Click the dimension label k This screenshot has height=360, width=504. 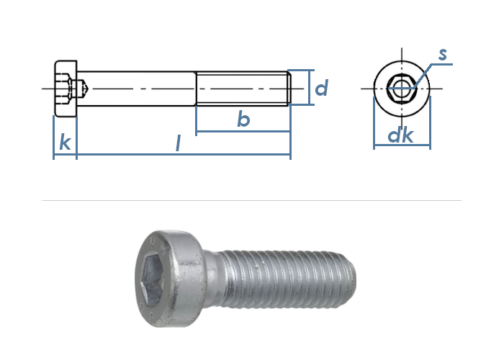click(65, 143)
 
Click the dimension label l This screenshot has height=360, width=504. click(178, 143)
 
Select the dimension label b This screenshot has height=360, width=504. click(243, 119)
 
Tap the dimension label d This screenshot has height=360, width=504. click(321, 88)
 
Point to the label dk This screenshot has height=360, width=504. click(400, 135)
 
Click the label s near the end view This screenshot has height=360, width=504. click(443, 54)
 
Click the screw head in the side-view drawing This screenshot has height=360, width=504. click(66, 89)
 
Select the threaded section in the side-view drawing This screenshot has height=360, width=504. click(243, 89)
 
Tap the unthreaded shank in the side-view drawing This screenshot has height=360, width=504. click(137, 89)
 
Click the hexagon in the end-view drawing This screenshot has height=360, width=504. click(402, 89)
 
